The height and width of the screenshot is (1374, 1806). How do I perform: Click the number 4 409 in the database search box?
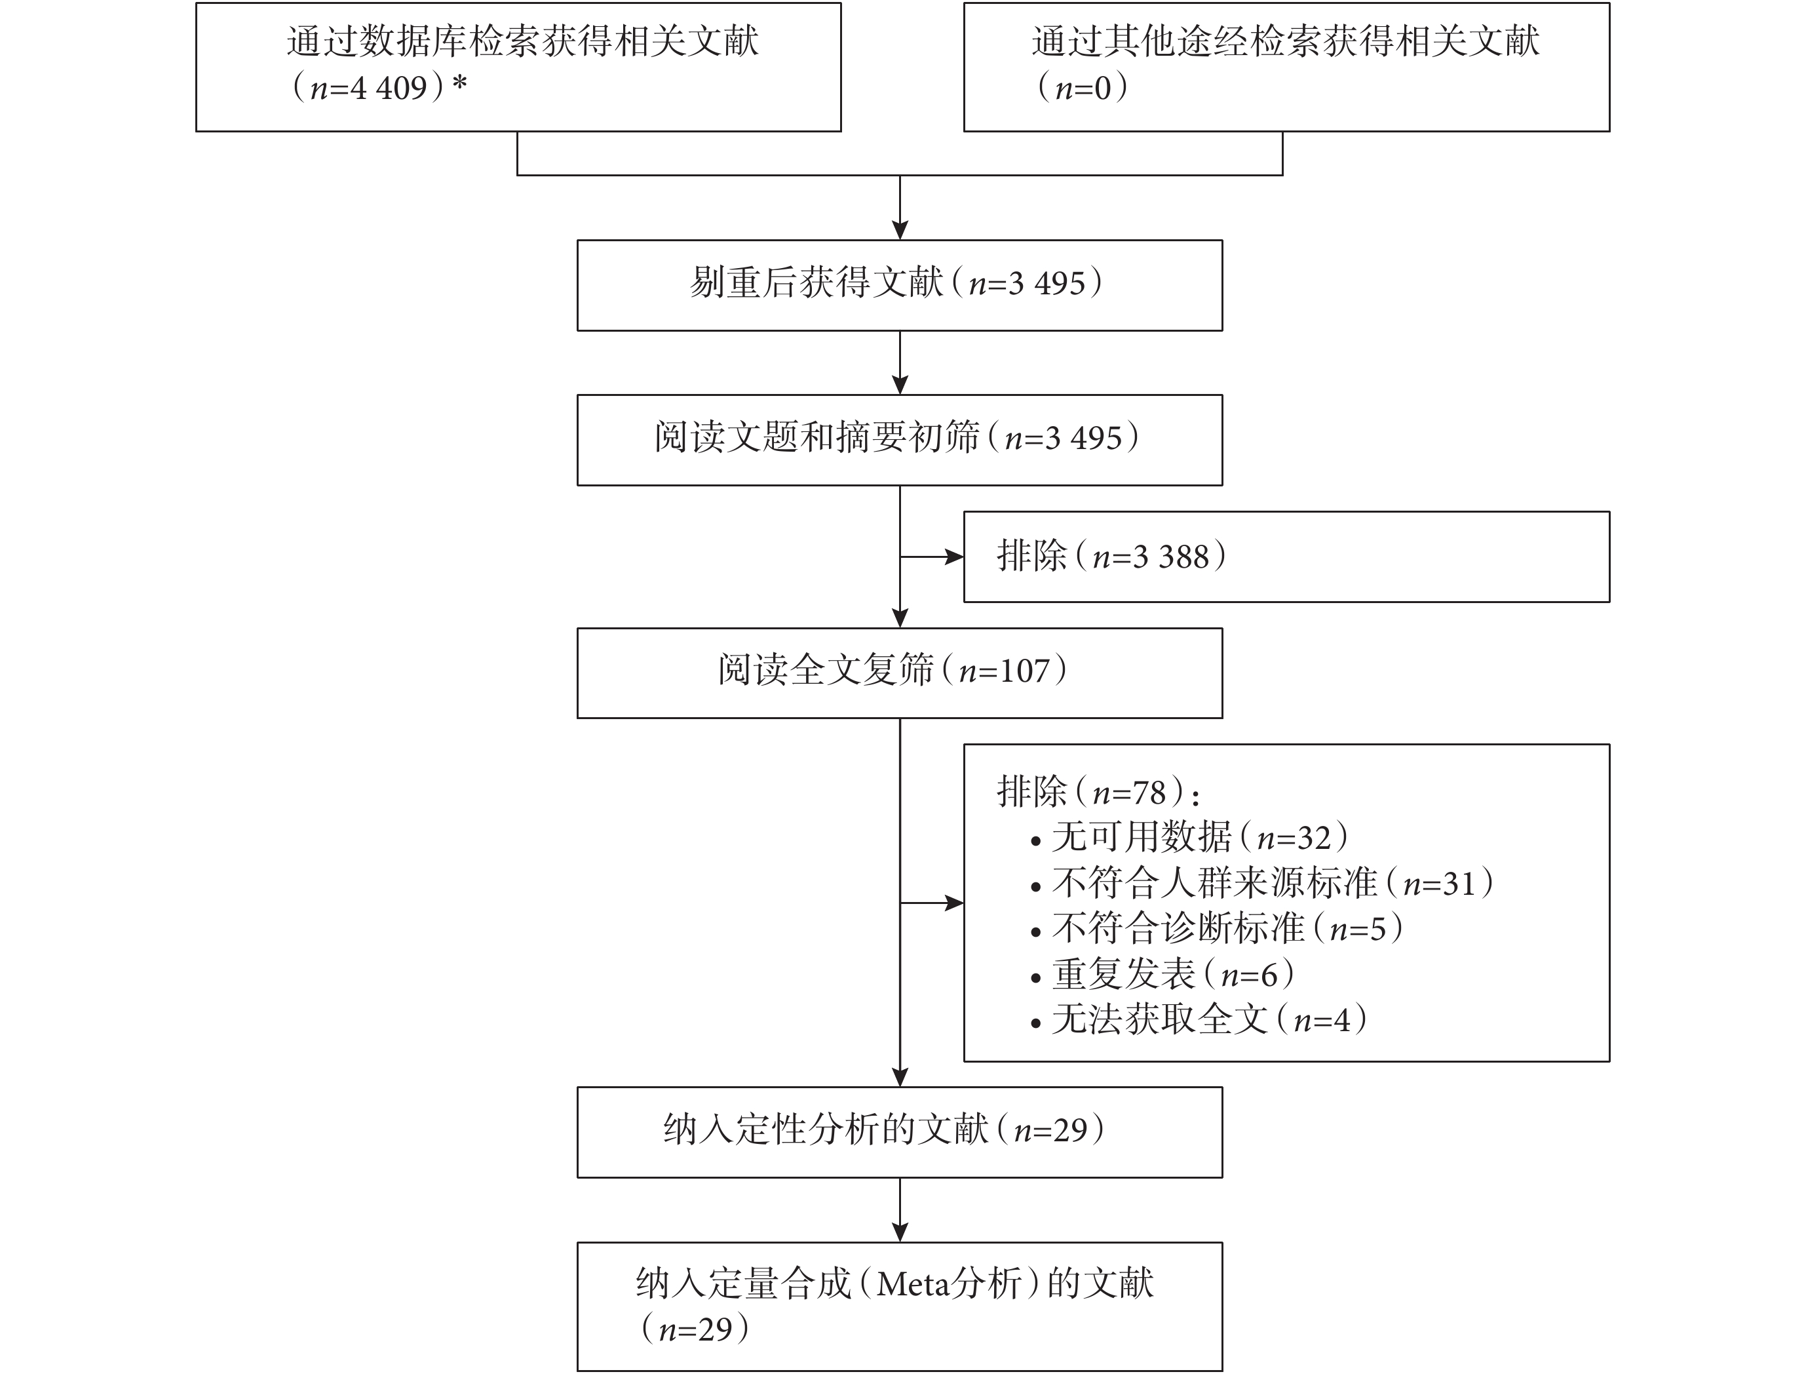point(389,87)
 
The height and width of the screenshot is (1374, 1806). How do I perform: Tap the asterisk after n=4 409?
point(459,83)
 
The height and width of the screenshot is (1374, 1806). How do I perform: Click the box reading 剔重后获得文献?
point(899,285)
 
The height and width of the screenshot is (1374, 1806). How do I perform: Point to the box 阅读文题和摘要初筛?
point(899,440)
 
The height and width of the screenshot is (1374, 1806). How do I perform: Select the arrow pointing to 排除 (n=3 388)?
point(932,557)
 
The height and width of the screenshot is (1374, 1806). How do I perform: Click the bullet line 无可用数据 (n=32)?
point(1189,836)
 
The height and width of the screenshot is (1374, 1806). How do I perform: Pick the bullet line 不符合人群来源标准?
point(1261,883)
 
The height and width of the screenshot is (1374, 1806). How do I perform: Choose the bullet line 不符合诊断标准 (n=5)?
point(1216,928)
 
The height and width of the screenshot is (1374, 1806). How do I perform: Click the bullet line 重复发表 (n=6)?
point(1162,974)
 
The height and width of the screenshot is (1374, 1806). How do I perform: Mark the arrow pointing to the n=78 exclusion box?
point(932,903)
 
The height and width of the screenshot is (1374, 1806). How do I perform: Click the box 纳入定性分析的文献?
point(899,1132)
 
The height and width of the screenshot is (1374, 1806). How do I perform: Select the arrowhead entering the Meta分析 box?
point(900,1232)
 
